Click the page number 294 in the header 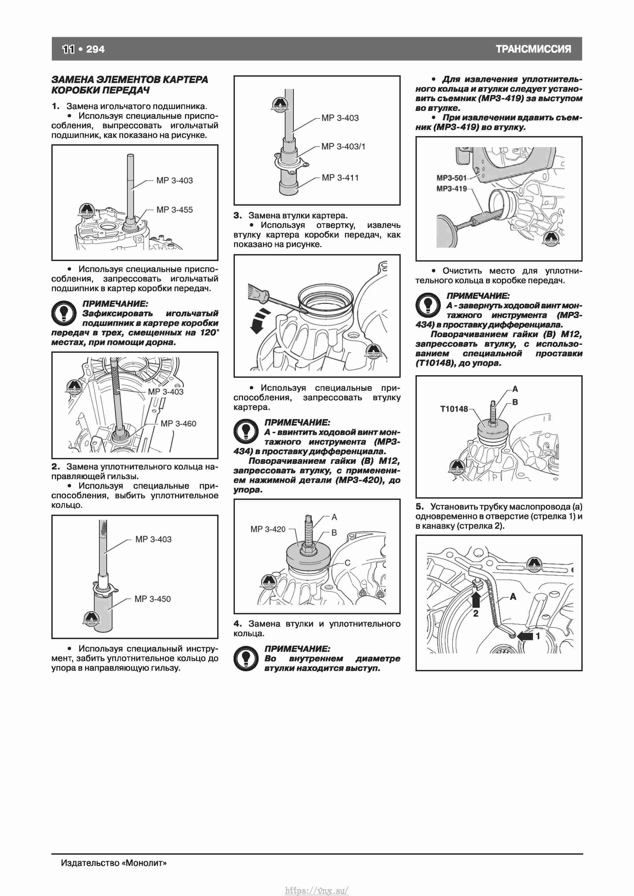tap(95, 49)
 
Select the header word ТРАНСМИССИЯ tap(533, 49)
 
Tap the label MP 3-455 tap(174, 209)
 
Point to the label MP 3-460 tap(178, 423)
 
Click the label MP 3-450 tap(153, 599)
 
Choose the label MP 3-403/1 tap(344, 146)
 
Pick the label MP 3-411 tap(340, 177)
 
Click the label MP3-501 tap(452, 178)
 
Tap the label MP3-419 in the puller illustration tap(452, 189)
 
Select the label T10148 tap(454, 409)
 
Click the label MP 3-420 tap(268, 529)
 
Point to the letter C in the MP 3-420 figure tap(347, 563)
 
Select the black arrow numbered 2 tap(476, 600)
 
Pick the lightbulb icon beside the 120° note tap(64, 313)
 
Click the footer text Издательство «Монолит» tap(113, 863)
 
